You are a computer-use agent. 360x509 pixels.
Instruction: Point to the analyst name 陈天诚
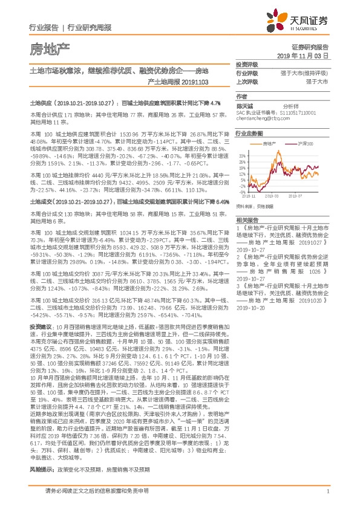click(245, 105)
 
